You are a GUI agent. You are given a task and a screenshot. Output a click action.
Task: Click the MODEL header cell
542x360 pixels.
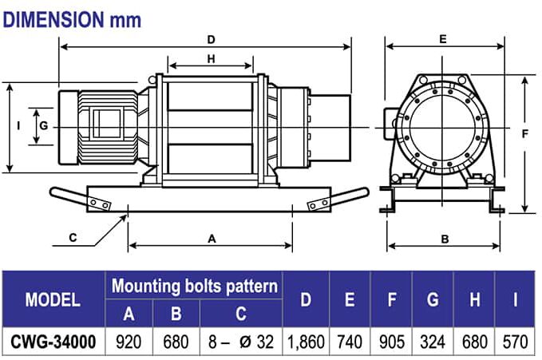pos(53,300)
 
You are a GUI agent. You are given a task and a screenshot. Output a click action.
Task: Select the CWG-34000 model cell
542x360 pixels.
pos(53,342)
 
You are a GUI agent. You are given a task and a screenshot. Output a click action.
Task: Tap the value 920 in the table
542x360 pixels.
pos(129,342)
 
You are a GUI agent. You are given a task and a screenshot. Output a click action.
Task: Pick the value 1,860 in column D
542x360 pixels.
pos(306,342)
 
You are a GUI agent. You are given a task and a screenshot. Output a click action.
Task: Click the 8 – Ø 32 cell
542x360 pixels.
pos(239,342)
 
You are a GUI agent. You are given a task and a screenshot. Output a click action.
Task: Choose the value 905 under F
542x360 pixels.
pos(391,342)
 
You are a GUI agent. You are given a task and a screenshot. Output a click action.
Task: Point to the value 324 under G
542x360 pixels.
pos(433,342)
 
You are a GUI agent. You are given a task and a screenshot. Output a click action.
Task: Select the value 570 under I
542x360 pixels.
pos(516,342)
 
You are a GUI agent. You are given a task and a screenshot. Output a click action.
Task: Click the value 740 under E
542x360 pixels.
pos(350,342)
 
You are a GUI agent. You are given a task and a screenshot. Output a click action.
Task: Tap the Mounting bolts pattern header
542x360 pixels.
pos(195,286)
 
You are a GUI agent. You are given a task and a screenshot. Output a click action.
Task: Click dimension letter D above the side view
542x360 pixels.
pos(211,39)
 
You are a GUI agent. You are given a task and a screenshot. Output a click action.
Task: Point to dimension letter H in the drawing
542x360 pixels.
pos(211,58)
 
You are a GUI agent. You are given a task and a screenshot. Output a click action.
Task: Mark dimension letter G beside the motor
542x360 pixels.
pos(44,125)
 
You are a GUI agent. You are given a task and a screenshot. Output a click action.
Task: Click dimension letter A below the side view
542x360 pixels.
pos(212,238)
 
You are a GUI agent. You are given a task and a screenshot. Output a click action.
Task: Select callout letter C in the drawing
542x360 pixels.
pos(73,236)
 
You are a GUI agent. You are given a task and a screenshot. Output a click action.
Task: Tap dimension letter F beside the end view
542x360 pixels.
pos(524,134)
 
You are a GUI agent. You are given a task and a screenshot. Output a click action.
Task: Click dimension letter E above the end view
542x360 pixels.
pos(442,38)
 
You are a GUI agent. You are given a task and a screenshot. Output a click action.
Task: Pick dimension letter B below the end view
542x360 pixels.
pos(445,239)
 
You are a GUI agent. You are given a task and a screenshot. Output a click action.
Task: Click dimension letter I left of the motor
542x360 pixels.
pos(18,125)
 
